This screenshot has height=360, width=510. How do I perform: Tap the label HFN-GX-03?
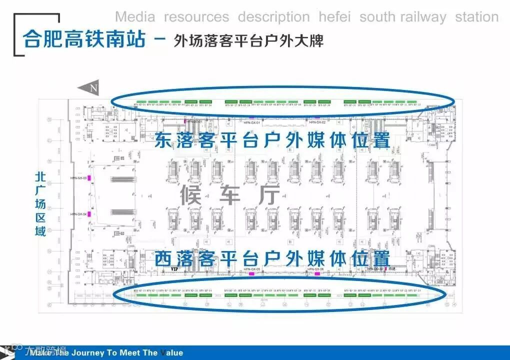point(78,178)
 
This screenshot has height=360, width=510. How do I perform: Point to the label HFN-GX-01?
point(252,122)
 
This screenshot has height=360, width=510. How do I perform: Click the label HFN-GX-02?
point(317,122)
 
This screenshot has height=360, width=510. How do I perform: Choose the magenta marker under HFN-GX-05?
point(252,273)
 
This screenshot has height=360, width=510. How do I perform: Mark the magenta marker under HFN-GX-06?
point(316,273)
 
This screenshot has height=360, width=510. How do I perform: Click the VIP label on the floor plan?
point(174,269)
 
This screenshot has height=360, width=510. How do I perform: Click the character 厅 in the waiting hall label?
point(268,195)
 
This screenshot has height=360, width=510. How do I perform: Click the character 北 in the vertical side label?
point(41,177)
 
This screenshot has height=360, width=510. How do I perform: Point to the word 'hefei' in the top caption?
point(334,17)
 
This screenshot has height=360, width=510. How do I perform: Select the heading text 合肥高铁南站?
point(84,39)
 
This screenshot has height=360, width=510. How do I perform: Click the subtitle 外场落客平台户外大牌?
point(248,40)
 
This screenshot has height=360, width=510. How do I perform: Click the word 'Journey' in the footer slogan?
point(85,353)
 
